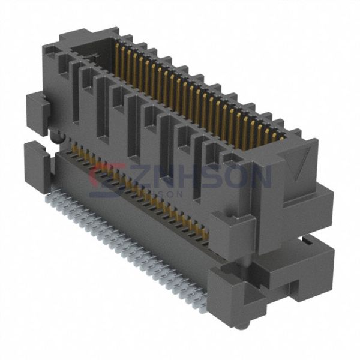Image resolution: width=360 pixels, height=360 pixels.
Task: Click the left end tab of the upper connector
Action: coord(37,111)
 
